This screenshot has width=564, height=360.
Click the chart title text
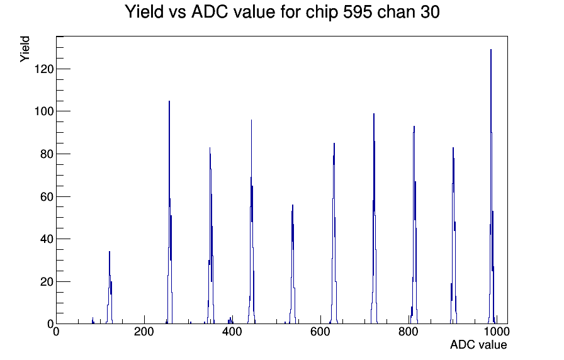click(x=283, y=12)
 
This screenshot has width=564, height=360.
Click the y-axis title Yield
click(x=25, y=49)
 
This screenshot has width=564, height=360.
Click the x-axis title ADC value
click(x=478, y=344)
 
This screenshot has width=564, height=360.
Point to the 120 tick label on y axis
click(x=44, y=69)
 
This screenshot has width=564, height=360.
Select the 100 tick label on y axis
click(x=44, y=111)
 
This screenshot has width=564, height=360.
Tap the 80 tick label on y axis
click(x=47, y=154)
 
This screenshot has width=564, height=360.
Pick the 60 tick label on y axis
click(x=47, y=196)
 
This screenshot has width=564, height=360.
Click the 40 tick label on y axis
click(x=47, y=239)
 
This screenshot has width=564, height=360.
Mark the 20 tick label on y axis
click(x=47, y=281)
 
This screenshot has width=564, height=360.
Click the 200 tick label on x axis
click(x=144, y=331)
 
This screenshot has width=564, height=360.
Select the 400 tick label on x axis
click(x=232, y=331)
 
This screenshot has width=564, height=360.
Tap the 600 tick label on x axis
click(x=320, y=331)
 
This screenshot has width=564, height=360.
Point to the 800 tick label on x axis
click(x=409, y=331)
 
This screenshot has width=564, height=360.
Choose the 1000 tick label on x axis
click(x=496, y=331)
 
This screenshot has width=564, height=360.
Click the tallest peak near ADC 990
click(x=491, y=50)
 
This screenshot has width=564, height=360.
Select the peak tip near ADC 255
click(x=169, y=101)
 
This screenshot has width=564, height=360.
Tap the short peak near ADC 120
click(x=110, y=251)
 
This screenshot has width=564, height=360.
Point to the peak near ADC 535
click(x=293, y=205)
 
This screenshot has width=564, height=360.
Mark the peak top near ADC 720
click(x=374, y=114)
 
